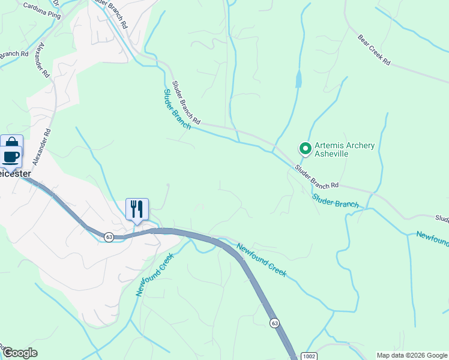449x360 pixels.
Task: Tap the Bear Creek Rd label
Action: click(x=373, y=50)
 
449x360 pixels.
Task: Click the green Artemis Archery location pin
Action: click(x=305, y=148)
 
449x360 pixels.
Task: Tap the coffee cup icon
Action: click(x=11, y=157)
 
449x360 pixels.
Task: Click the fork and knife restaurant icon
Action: click(x=137, y=209)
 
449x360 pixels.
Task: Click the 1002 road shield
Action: click(x=307, y=355)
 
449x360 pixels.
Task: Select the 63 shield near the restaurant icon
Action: click(x=109, y=237)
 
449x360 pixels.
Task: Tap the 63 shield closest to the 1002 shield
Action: click(x=274, y=323)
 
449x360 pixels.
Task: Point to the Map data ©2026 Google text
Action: click(x=412, y=355)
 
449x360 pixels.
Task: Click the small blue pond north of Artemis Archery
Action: click(x=299, y=79)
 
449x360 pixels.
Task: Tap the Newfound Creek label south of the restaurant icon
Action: click(x=154, y=274)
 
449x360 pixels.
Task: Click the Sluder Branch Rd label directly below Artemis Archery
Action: click(x=316, y=176)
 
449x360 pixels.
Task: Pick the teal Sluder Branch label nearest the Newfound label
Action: click(x=336, y=200)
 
